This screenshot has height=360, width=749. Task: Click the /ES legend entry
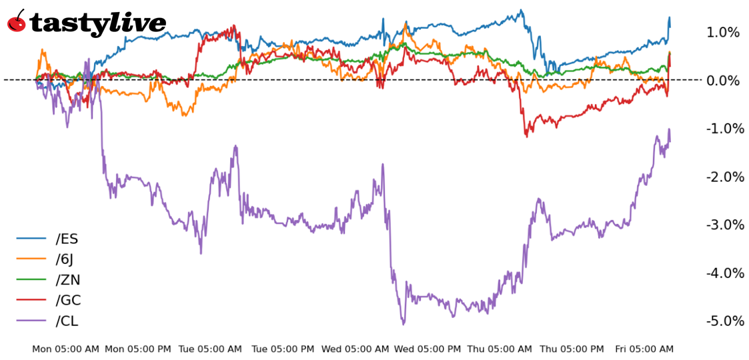tap(67, 239)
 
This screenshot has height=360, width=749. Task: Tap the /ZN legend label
tap(68, 280)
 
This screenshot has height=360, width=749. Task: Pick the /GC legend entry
tap(68, 301)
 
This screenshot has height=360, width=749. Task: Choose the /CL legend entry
tap(67, 321)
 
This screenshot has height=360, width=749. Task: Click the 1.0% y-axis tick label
tap(723, 32)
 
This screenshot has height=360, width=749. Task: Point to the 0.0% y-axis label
tap(723, 81)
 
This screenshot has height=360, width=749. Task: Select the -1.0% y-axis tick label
tap(723, 129)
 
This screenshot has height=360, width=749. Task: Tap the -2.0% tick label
tap(723, 177)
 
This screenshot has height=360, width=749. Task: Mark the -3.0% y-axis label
tap(723, 225)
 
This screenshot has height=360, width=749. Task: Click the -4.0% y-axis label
tap(723, 273)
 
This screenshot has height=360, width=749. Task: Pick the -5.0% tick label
tap(723, 321)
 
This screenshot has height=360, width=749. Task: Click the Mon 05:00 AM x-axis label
tap(65, 349)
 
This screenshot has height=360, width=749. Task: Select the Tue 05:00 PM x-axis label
tap(283, 349)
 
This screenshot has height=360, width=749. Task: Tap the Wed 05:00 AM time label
tap(355, 349)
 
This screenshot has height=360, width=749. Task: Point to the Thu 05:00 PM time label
tap(572, 349)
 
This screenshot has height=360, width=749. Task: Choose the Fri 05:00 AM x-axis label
tap(644, 349)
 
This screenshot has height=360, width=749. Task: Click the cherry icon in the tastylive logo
tap(17, 21)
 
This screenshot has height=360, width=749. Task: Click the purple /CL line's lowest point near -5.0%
tap(404, 324)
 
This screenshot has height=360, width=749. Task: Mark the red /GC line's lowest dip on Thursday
tap(526, 136)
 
